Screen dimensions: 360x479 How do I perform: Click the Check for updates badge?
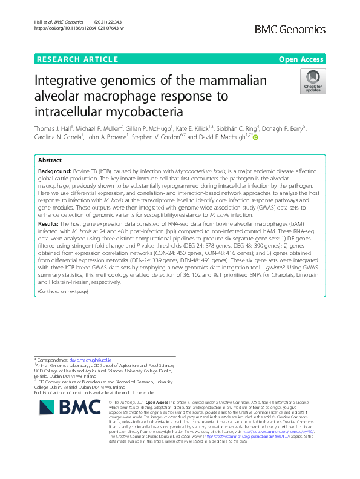click(x=313, y=82)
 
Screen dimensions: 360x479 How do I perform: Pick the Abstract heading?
click(x=50, y=160)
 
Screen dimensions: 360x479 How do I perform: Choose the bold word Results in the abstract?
click(x=49, y=223)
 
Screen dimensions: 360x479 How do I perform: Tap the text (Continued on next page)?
click(x=63, y=291)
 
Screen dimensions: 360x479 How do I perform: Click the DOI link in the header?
click(x=79, y=28)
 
